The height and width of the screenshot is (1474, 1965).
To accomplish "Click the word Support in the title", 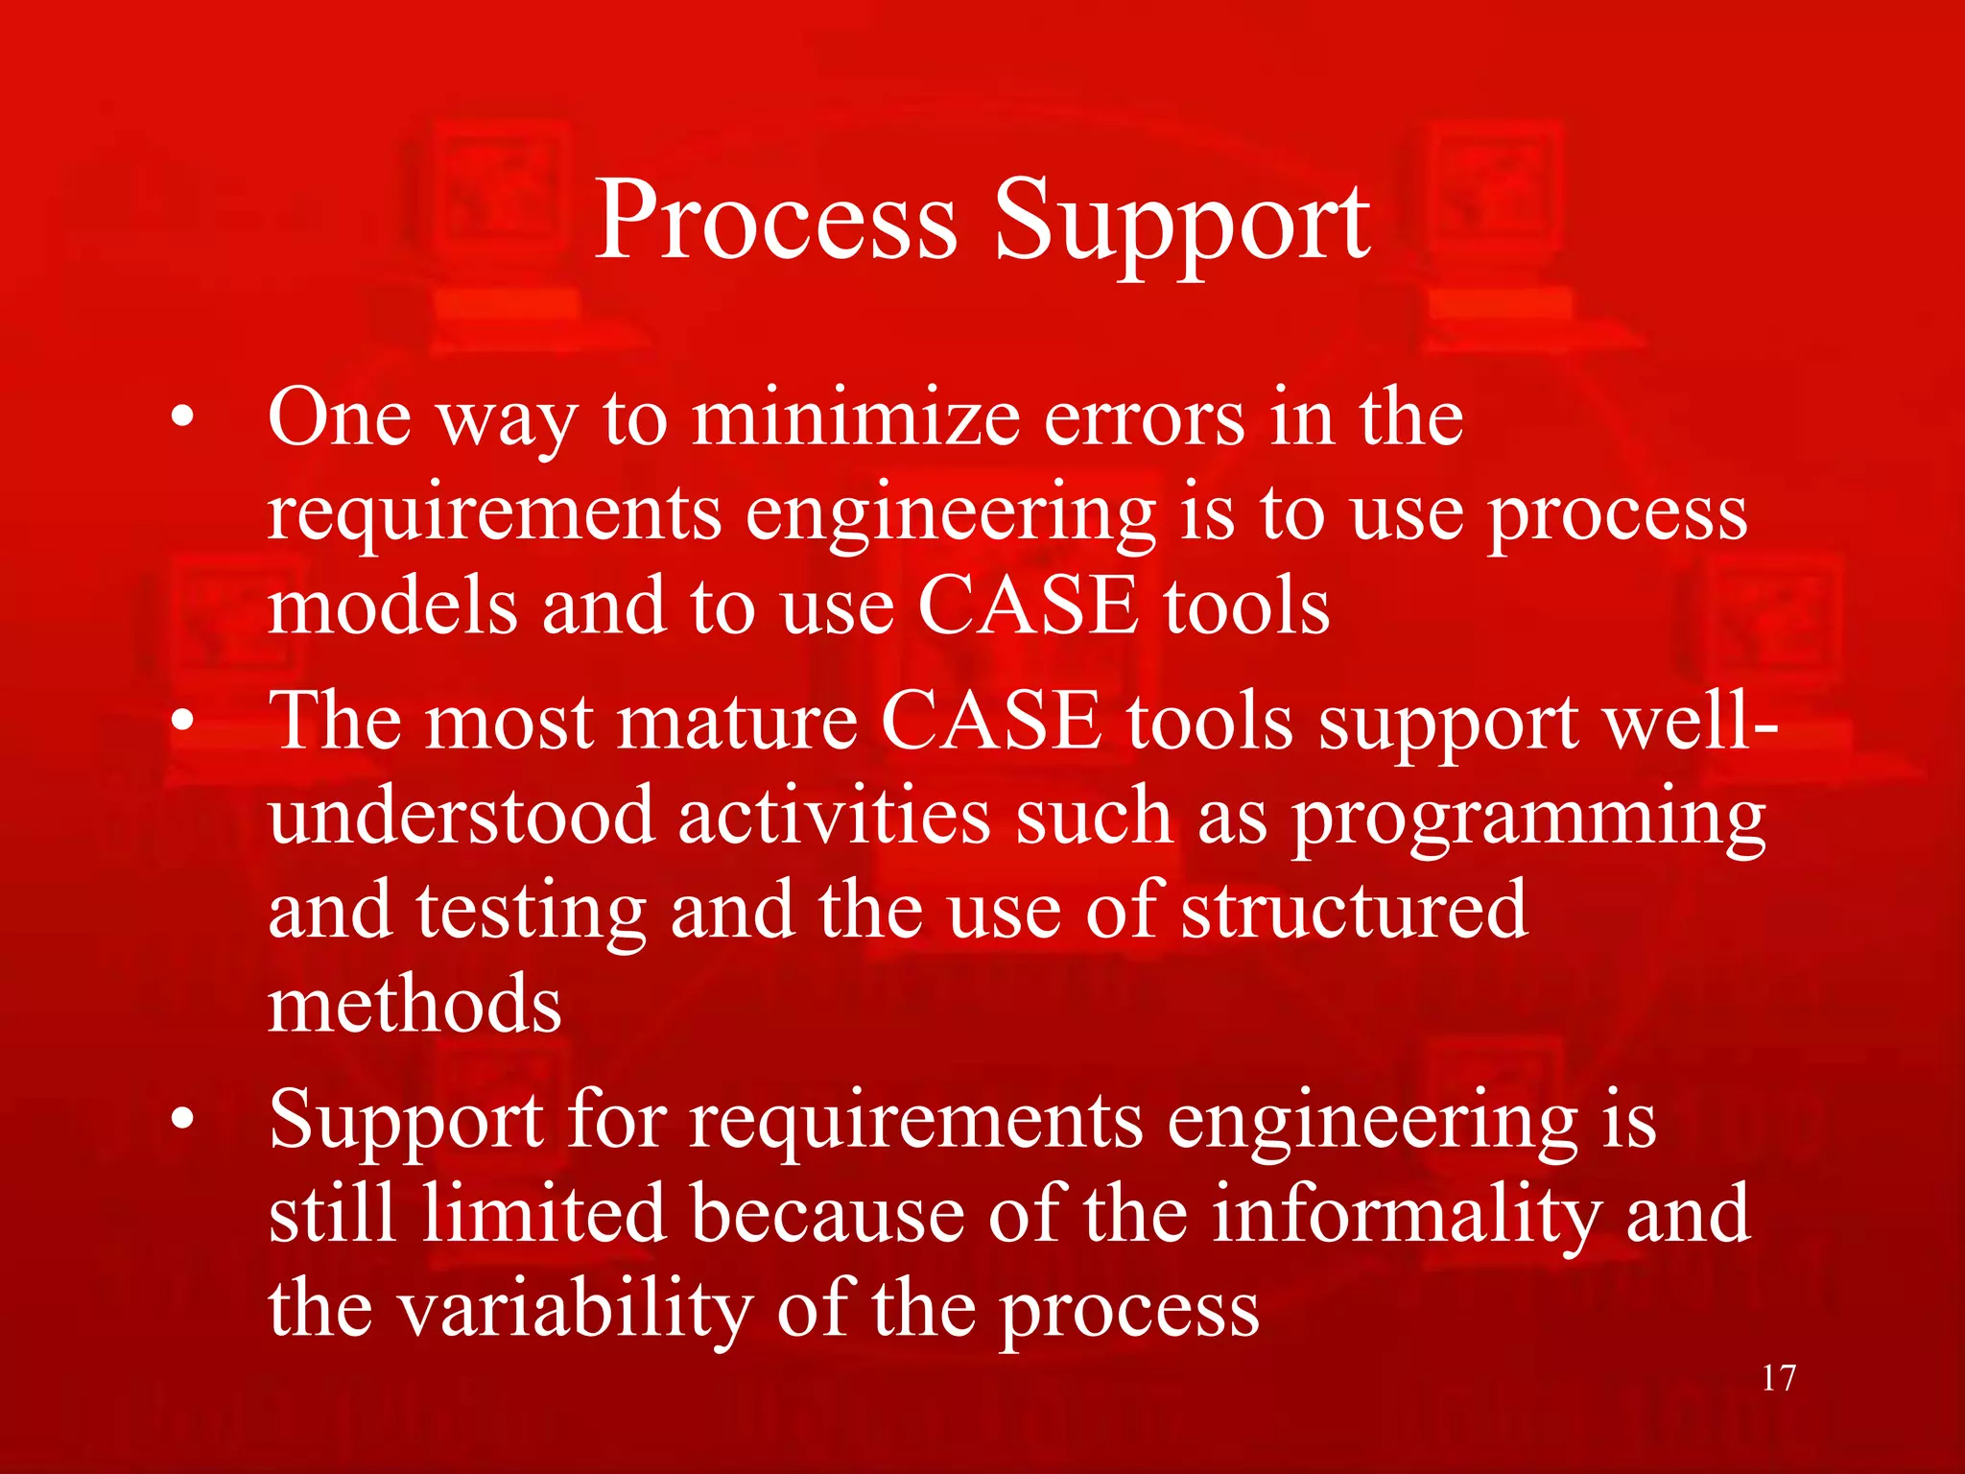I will coord(1182,226).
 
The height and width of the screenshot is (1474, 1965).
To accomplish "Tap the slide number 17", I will coord(1778,1378).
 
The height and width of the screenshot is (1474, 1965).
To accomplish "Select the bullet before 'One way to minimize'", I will coord(182,418).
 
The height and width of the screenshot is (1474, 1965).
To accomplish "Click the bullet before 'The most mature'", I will coord(182,722).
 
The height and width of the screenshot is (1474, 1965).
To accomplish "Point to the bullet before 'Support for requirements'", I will coord(182,1120).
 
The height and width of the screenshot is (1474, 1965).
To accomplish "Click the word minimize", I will coord(855,418).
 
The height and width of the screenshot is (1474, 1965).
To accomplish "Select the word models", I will coord(391,606).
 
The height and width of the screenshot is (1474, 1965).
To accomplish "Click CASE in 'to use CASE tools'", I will coord(1028,606).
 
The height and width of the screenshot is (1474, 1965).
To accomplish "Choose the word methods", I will coord(414,1004).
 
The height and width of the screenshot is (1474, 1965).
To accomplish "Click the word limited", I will coord(543,1214).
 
